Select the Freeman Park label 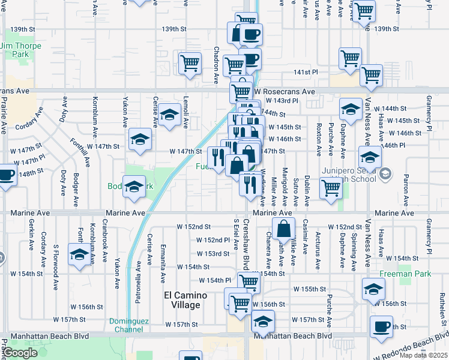(397, 274)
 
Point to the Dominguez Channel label (126, 325)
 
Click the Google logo (20, 353)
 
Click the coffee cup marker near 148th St (5, 176)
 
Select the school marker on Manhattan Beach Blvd (262, 322)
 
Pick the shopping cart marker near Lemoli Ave (190, 62)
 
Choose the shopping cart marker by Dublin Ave (331, 188)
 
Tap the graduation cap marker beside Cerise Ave (170, 114)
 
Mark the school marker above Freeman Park (373, 290)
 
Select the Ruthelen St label (441, 307)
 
